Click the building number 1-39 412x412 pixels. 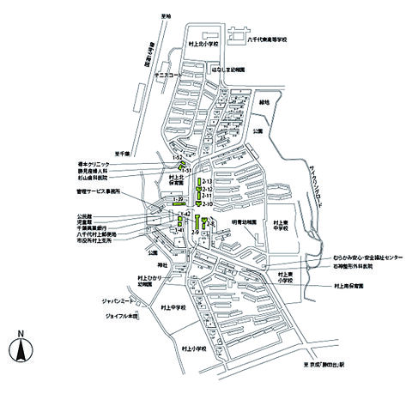179,199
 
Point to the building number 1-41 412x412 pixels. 180,230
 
